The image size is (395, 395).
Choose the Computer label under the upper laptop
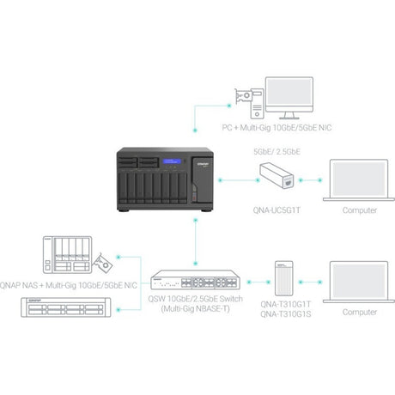(x=358, y=209)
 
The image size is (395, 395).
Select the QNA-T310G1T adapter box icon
(x=284, y=280)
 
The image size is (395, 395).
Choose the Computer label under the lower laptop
(x=358, y=312)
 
